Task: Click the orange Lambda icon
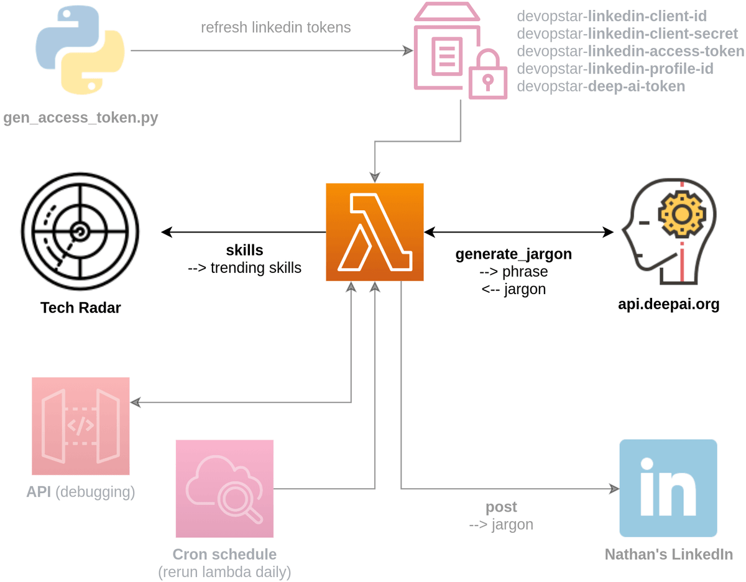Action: pyautogui.click(x=375, y=232)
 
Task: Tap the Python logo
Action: pyautogui.click(x=80, y=52)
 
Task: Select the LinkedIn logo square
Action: pyautogui.click(x=668, y=488)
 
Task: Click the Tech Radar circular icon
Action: pyautogui.click(x=80, y=232)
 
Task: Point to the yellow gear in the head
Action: pyautogui.click(x=682, y=214)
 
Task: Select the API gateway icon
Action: pyautogui.click(x=81, y=426)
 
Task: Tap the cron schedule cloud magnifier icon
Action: pyautogui.click(x=224, y=489)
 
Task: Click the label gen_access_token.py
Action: pyautogui.click(x=81, y=118)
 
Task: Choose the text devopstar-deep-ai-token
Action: pyautogui.click(x=601, y=86)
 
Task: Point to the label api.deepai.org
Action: pyautogui.click(x=668, y=305)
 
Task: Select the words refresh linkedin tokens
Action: pyautogui.click(x=275, y=27)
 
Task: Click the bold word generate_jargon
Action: pyautogui.click(x=513, y=254)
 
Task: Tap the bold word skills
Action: pyautogui.click(x=244, y=250)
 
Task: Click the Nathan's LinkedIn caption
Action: pyautogui.click(x=668, y=554)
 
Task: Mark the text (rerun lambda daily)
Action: pyautogui.click(x=224, y=571)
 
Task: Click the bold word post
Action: pyautogui.click(x=501, y=507)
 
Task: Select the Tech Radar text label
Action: pyautogui.click(x=80, y=307)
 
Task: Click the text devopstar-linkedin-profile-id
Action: pyautogui.click(x=615, y=69)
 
